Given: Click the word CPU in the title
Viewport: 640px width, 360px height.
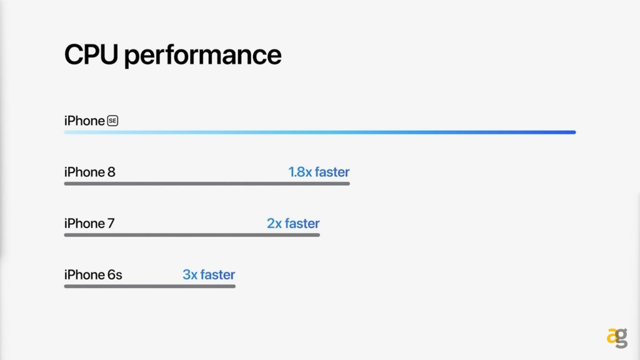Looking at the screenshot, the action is click(91, 54).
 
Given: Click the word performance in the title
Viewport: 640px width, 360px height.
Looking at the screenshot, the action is click(203, 56).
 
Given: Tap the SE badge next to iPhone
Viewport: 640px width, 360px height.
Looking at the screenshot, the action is click(112, 121).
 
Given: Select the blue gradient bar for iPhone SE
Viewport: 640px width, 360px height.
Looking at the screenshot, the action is click(320, 132).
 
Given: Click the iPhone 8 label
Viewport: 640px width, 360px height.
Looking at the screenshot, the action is click(90, 172).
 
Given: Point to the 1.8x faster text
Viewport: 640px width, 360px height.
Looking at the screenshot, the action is click(319, 172).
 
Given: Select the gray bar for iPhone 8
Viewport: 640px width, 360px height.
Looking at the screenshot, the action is click(207, 184).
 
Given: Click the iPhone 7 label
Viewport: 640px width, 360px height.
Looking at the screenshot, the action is click(89, 223).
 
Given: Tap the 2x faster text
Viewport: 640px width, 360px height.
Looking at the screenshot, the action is click(293, 223).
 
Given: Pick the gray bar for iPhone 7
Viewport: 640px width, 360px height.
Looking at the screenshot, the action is click(192, 235).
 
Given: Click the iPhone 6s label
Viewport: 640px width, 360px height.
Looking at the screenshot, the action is click(93, 275).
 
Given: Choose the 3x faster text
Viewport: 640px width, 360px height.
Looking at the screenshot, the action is click(209, 275).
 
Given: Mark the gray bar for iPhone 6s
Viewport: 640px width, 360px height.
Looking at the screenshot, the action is click(150, 286).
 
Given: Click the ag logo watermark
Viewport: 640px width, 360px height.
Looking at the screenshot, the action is click(617, 338).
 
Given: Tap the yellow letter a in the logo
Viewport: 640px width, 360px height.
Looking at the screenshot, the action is click(612, 337).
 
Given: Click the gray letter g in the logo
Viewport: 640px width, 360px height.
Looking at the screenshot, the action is click(622, 339).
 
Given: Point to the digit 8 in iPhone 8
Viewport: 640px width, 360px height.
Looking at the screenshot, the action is click(111, 172).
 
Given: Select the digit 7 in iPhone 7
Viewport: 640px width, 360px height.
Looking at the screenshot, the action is click(111, 224).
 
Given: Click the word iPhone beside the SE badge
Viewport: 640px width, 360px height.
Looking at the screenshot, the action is click(84, 121).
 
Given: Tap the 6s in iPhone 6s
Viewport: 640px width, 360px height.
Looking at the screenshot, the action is click(115, 275).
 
